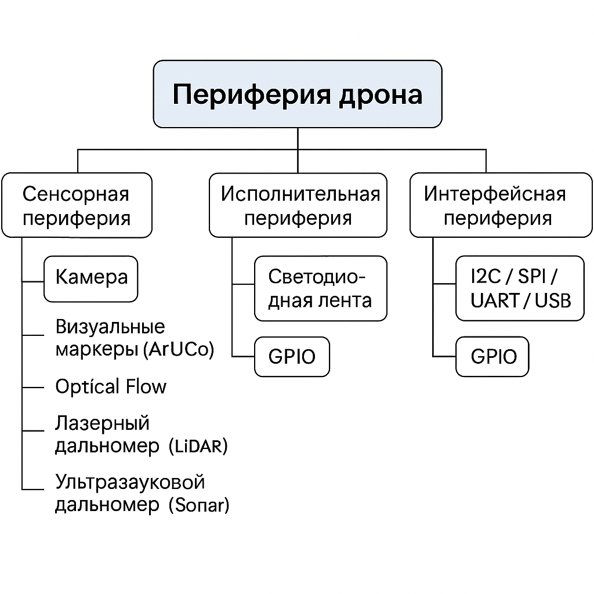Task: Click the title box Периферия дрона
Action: click(297, 94)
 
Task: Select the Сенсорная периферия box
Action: click(76, 205)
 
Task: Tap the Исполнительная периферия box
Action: click(298, 205)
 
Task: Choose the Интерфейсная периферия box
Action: click(501, 205)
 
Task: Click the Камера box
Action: click(91, 278)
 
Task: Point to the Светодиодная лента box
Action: click(320, 288)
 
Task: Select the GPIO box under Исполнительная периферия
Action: click(292, 356)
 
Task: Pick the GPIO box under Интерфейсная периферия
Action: click(492, 356)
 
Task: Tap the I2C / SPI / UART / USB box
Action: click(520, 288)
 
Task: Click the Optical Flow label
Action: click(111, 387)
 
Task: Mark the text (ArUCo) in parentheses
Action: click(178, 350)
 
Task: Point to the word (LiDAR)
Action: click(198, 447)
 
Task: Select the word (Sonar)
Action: click(199, 505)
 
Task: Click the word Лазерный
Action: click(102, 423)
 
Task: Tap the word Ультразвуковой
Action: click(130, 482)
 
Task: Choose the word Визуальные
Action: click(110, 327)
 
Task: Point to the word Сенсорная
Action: click(76, 194)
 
